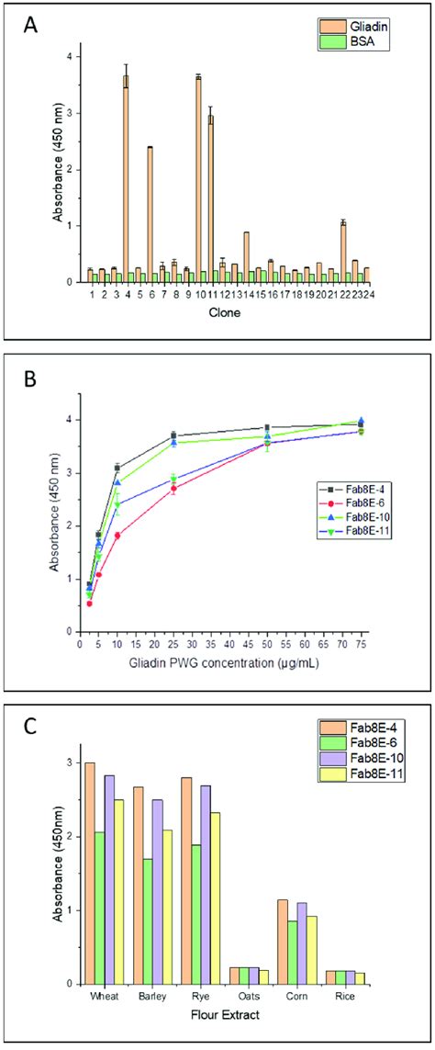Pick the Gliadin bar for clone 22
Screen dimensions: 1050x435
point(342,252)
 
